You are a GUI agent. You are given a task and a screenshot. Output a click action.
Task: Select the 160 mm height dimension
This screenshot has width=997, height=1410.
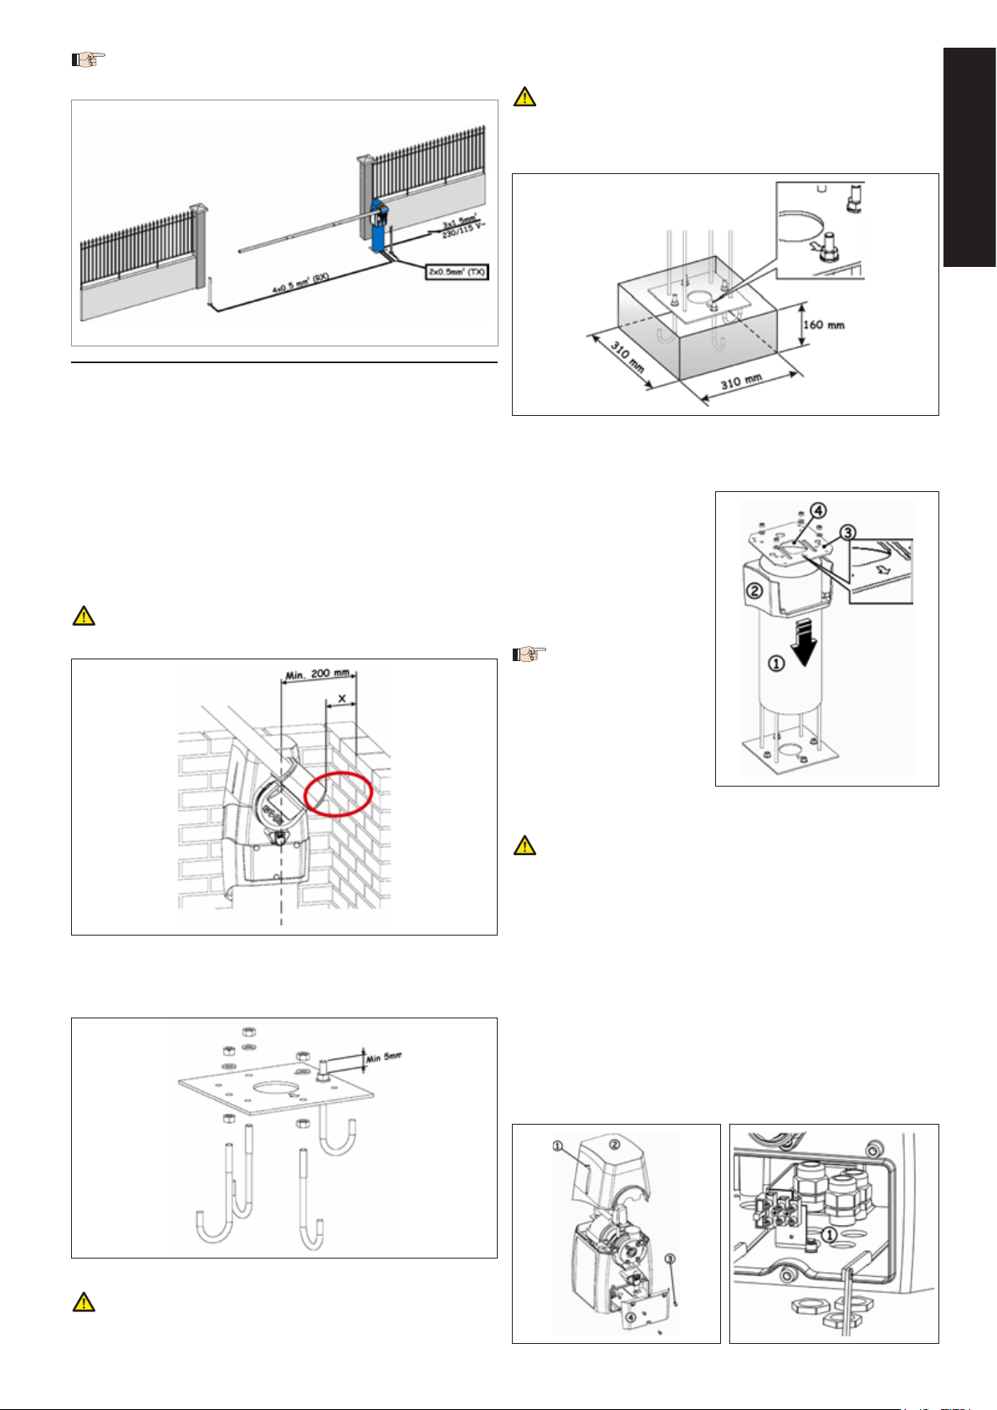click(x=823, y=325)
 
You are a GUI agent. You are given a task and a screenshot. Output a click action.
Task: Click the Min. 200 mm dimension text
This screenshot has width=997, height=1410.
click(x=319, y=673)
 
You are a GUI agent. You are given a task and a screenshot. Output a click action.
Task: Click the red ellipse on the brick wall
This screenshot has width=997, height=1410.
click(x=337, y=794)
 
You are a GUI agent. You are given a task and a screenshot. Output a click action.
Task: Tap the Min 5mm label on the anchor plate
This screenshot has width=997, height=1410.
click(x=384, y=1058)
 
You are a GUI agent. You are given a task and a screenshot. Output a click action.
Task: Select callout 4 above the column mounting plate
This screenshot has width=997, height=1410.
click(x=821, y=510)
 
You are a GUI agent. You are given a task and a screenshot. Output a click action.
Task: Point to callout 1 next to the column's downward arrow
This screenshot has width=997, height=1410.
click(x=777, y=664)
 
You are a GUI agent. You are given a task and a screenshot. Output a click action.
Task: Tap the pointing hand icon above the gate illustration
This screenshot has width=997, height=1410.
click(x=88, y=60)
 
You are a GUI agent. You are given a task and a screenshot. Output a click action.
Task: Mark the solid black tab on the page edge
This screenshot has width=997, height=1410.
click(x=969, y=156)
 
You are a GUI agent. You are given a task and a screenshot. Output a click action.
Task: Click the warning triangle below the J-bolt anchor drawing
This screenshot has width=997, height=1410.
click(x=84, y=1302)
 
